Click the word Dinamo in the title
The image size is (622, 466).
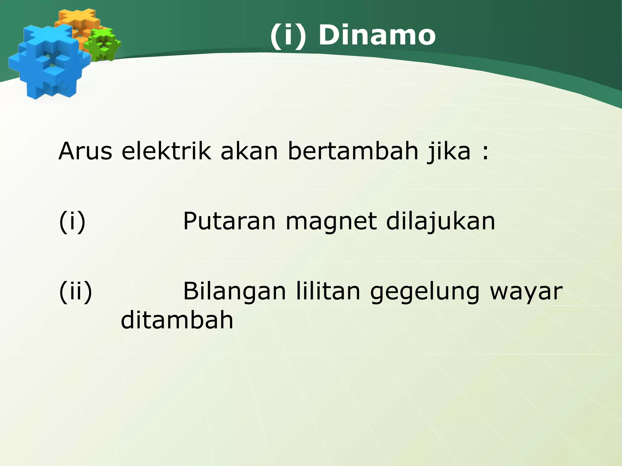click(x=377, y=35)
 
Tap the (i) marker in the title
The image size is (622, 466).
click(x=288, y=35)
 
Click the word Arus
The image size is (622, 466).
click(x=85, y=151)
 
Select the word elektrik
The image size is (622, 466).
click(x=166, y=151)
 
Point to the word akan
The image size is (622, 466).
click(x=249, y=151)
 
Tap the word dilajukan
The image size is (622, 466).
click(x=441, y=221)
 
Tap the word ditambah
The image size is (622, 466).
click(x=177, y=320)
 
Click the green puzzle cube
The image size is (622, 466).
click(x=102, y=45)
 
